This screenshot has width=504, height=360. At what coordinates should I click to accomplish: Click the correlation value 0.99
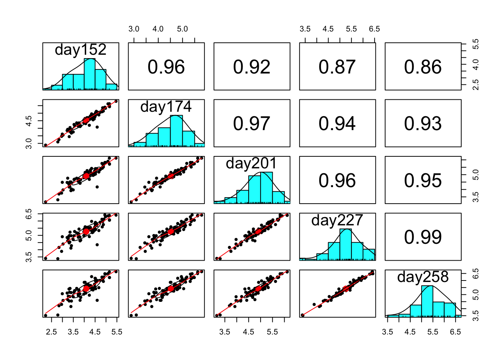423,237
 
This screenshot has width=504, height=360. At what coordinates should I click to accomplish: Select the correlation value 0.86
423,67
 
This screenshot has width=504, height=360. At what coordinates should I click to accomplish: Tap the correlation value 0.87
337,67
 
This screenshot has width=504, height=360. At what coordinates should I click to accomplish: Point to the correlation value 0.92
252,67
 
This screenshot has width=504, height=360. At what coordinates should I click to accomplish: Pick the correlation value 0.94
337,123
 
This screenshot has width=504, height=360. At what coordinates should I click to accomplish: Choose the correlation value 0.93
423,123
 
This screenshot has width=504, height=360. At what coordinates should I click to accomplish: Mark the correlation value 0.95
423,180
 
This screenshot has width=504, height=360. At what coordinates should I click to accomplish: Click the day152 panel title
81,49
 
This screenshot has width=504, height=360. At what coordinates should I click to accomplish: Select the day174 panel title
166,107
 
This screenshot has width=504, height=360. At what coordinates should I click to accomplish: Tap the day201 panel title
252,163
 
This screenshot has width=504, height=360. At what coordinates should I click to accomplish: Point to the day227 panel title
337,220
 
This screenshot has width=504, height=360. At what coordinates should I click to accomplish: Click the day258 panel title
423,277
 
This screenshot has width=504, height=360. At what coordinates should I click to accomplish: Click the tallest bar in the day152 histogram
90,74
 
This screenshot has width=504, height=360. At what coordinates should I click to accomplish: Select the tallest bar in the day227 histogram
346,244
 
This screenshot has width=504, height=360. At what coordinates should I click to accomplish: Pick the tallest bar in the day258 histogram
427,301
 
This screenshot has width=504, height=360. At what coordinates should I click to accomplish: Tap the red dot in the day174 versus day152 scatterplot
86,120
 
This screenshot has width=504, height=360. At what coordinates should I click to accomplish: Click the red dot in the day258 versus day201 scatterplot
258,289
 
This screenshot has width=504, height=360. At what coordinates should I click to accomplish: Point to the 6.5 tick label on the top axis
374,29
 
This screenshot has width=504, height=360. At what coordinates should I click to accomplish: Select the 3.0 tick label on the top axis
134,29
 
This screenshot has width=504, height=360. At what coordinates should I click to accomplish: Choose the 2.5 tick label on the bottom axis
51,332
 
